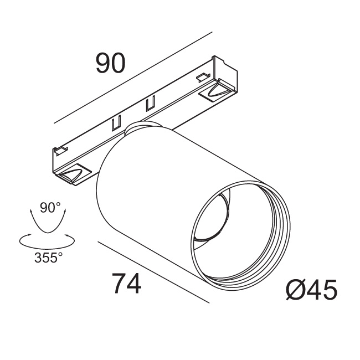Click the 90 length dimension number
click(110, 63)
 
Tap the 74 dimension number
click(126, 283)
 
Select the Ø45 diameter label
click(312, 290)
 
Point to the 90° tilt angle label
click(50, 207)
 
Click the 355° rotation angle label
click(48, 258)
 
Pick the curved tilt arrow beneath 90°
click(48, 233)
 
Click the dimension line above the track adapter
click(133, 78)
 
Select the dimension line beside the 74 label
click(153, 272)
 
